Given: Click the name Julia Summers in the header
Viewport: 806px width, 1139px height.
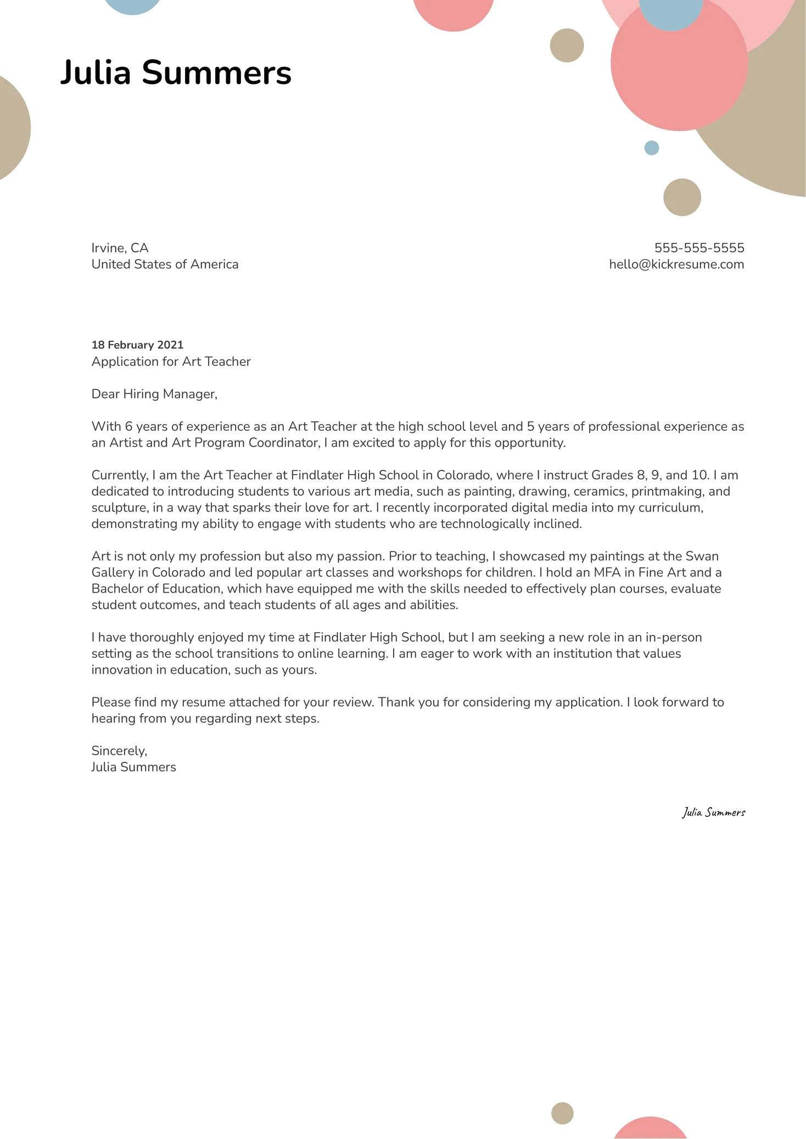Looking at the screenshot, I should point(176,72).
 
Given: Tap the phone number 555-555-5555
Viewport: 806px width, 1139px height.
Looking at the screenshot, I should point(699,248).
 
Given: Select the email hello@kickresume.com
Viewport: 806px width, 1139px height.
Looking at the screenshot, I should point(676,264).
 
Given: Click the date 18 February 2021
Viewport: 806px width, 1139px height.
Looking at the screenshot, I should point(137,345).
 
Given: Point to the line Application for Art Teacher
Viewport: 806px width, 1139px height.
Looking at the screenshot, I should point(171,362).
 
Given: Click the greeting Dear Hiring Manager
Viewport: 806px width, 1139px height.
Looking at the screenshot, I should point(154,394).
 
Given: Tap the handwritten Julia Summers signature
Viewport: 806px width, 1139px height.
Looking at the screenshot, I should point(713,813).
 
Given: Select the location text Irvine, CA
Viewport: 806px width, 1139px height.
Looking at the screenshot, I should point(120,248).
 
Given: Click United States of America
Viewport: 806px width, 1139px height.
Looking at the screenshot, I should point(165,264).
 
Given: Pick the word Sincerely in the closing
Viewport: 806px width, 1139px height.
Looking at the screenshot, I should point(119,751).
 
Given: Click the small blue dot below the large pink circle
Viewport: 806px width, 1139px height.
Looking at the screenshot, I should point(651,148).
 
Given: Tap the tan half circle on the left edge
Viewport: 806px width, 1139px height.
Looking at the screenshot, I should point(12,128).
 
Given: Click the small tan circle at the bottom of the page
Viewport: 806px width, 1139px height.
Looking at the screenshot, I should point(562,1113).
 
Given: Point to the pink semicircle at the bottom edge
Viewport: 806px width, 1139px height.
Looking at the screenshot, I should point(650,1129).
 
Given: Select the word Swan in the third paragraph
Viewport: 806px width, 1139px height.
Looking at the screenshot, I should point(702,556).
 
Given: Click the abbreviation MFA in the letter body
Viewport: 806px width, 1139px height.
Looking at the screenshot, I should point(607,573).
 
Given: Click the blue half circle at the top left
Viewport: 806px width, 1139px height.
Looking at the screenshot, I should point(133,5).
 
